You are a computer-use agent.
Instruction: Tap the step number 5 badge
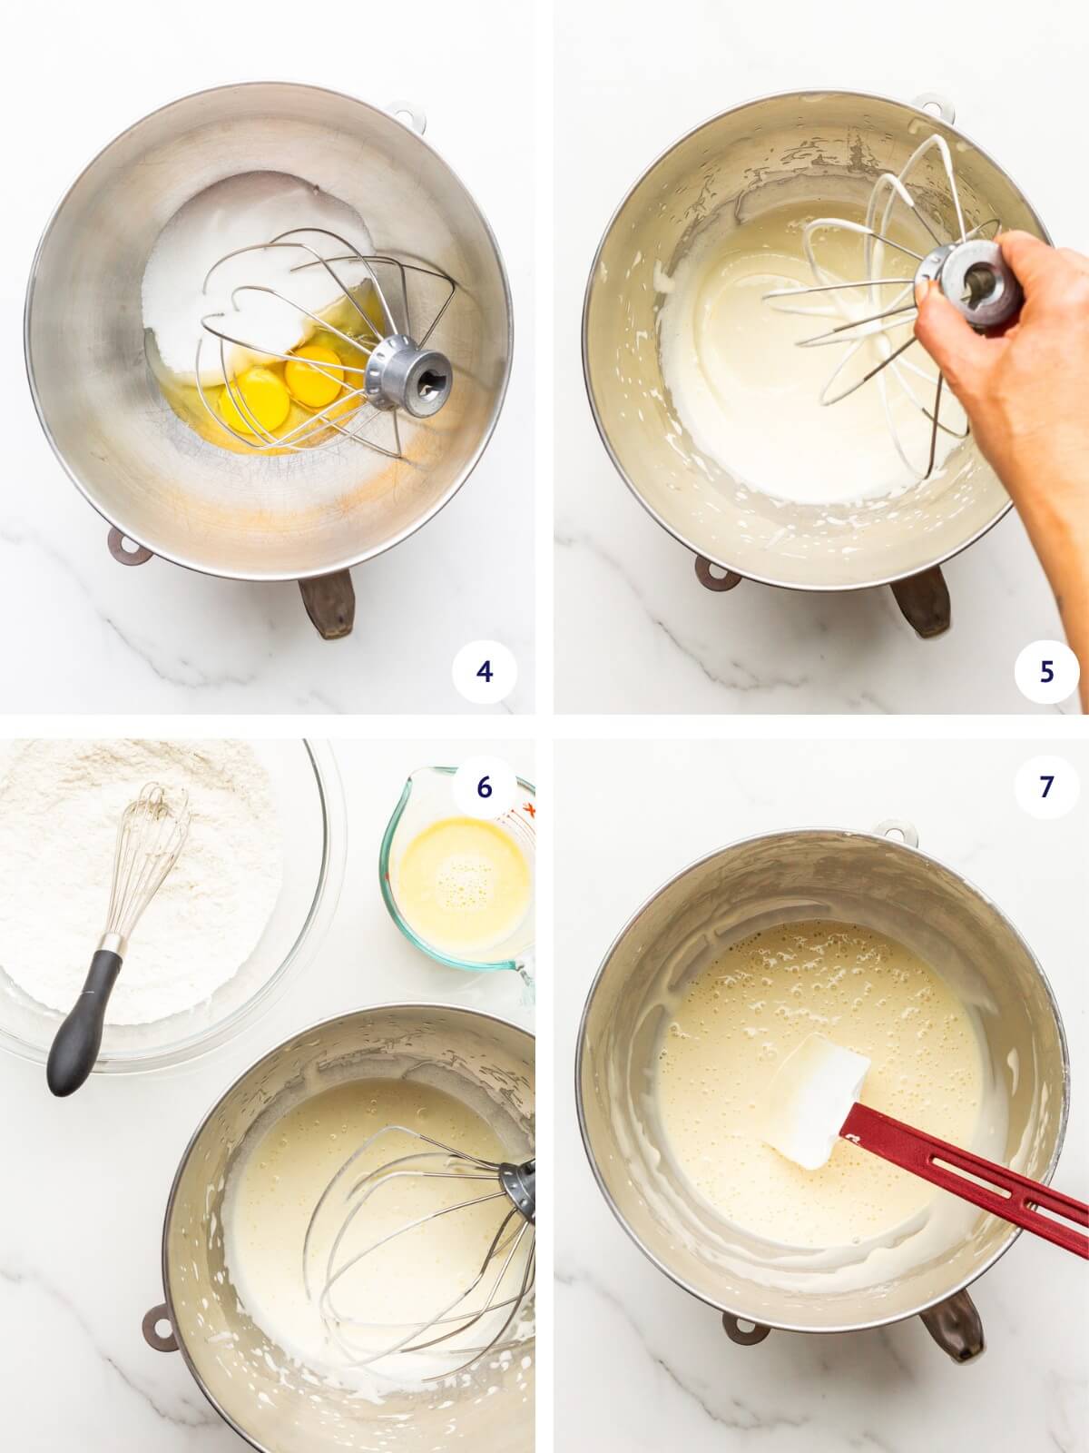1046,672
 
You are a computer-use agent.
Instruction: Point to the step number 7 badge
1046,787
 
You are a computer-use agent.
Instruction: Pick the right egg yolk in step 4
310,374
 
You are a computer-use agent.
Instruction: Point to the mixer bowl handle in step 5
917,604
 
